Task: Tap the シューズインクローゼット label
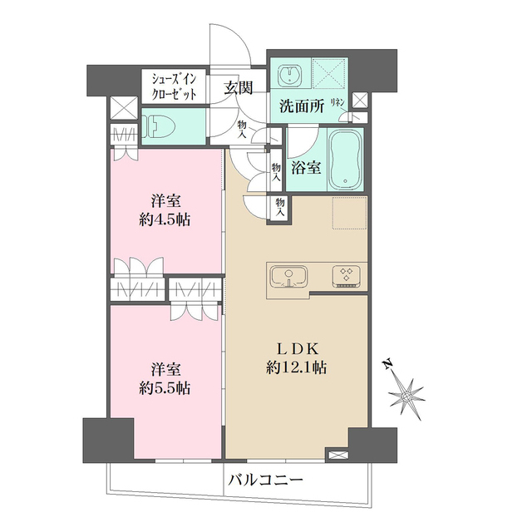coord(173,87)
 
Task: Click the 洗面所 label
coord(297,106)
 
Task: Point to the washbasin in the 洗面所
coord(291,75)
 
